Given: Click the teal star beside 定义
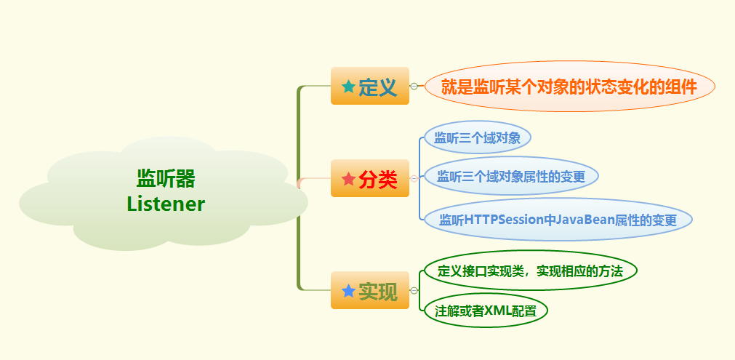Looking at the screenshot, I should pos(348,87).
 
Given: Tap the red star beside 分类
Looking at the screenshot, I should pos(348,178).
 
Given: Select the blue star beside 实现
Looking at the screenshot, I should pos(348,291).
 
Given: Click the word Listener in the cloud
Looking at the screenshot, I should pos(166,204).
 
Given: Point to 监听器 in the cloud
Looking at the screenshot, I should pos(166,178).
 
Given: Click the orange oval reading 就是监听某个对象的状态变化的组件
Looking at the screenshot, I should pos(569,87).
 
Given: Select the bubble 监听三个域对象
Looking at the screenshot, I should pos(477,137).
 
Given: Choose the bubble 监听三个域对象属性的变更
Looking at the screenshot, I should pos(510,176).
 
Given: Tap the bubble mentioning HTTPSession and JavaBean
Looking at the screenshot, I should pos(557,220).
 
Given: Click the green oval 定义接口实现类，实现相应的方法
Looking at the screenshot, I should pos(530,271).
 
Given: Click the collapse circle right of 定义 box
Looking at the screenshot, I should pos(414,86).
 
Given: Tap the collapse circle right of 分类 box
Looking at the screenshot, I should pos(414,178).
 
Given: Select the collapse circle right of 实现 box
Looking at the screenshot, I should pos(414,291).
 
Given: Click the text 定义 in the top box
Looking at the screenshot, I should pos(378,88).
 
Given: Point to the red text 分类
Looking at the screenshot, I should pos(378,180).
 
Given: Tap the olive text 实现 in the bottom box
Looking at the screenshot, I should pos(378,292).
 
